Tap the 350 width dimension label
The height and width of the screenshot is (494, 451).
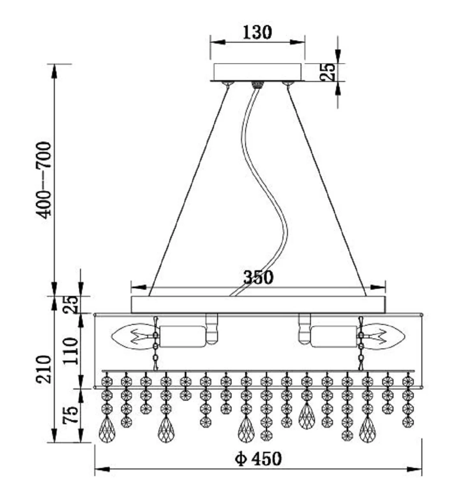[x=258, y=277]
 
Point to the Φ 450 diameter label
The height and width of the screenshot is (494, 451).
[x=259, y=458]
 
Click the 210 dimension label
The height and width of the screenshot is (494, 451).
[x=44, y=369]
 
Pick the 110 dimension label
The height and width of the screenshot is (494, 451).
[x=70, y=350]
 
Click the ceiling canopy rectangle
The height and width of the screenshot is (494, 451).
[x=258, y=72]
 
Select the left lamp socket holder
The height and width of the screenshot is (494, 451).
[x=182, y=336]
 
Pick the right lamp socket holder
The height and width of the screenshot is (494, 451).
[x=333, y=336]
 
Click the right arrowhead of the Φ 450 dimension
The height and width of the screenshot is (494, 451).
[x=415, y=469]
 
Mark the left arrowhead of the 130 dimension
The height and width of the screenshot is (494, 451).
[x=217, y=42]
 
